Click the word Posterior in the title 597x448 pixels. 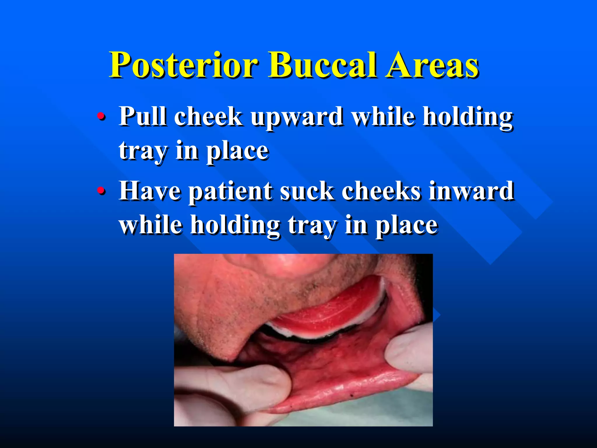[x=184, y=65]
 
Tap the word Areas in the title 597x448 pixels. [x=431, y=65]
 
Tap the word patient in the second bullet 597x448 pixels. [x=230, y=191]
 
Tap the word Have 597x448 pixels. [x=150, y=191]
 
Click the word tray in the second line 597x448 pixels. [x=143, y=151]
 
